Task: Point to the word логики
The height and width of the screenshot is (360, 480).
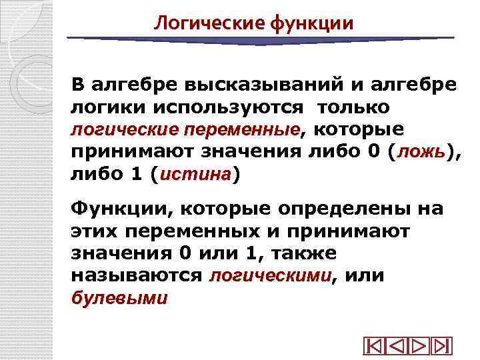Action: pyautogui.click(x=101, y=107)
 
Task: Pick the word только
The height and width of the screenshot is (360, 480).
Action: pyautogui.click(x=353, y=107)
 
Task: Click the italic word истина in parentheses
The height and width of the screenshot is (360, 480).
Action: pyautogui.click(x=195, y=175)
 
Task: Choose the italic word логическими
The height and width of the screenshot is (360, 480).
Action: pyautogui.click(x=270, y=276)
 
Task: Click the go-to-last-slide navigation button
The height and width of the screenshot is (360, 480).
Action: pyautogui.click(x=441, y=347)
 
